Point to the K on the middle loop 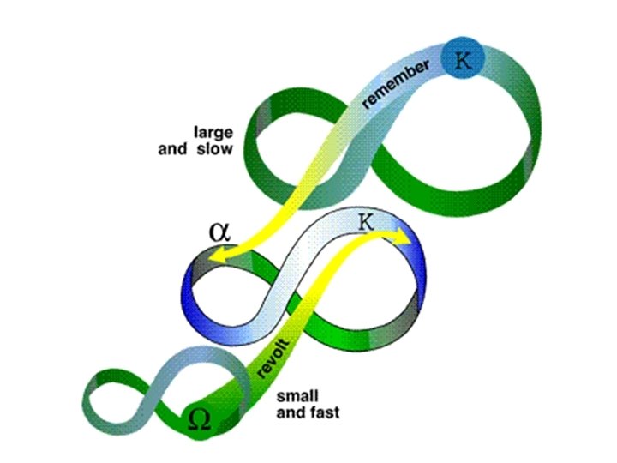point(366,222)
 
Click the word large point(210,133)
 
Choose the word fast point(322,413)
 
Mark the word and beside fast point(289,413)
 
